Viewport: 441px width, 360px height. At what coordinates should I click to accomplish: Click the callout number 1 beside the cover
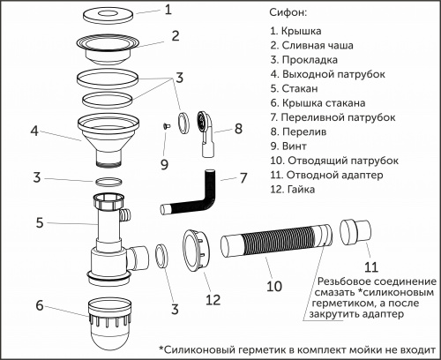pyautogui.click(x=171, y=12)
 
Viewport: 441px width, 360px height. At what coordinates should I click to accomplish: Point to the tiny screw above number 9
pyautogui.click(x=163, y=127)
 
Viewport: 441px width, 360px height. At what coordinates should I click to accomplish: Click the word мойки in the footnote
pyautogui.click(x=347, y=348)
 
